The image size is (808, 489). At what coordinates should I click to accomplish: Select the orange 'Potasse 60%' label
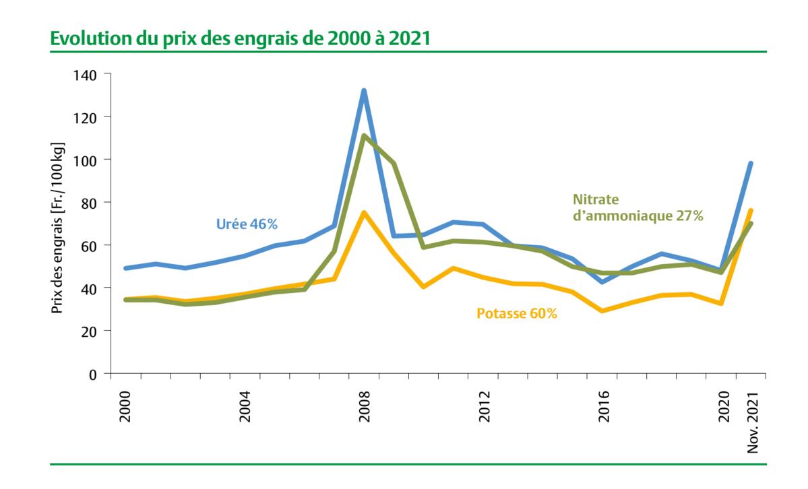[517, 313]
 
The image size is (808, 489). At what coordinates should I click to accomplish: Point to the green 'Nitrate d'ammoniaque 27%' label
[638, 207]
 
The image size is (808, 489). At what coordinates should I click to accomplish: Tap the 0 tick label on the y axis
[93, 374]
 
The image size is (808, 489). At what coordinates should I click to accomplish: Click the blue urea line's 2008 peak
[364, 91]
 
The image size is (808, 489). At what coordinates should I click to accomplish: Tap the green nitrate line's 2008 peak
[364, 136]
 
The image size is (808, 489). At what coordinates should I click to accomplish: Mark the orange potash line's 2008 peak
[364, 213]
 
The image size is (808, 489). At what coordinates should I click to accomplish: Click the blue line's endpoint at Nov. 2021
[750, 164]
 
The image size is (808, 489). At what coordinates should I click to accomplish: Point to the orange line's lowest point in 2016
[602, 311]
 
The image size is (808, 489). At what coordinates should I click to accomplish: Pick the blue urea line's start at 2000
[125, 268]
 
